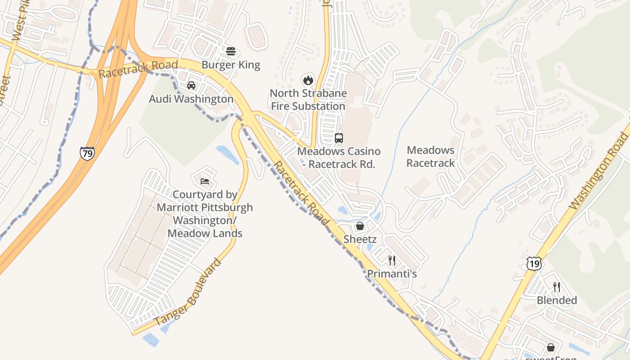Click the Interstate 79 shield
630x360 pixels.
point(87,153)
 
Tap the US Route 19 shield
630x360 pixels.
point(534,263)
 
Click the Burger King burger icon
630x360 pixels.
point(231,51)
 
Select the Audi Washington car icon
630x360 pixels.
point(191,85)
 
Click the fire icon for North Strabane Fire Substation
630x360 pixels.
point(308,80)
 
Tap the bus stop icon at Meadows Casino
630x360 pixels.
point(339,138)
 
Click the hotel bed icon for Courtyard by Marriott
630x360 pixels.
point(205,181)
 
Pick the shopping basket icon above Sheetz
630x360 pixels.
point(360,226)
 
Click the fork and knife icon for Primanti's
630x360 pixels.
point(392,260)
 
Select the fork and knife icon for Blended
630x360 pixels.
point(557,287)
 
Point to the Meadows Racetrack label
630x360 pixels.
point(431,157)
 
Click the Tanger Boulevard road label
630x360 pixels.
point(189,292)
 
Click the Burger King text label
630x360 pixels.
point(231,65)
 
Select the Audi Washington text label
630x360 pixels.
point(191,99)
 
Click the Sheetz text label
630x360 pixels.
point(360,239)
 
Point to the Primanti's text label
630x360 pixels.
point(392,274)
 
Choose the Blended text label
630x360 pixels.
point(557,300)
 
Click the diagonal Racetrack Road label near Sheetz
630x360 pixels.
point(301,194)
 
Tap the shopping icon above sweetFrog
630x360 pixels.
point(550,347)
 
